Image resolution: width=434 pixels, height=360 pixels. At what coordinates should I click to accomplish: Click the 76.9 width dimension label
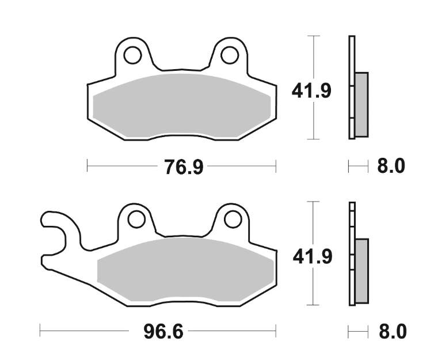tap(184, 166)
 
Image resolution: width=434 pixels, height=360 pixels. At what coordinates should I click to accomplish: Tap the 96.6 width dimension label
tap(163, 331)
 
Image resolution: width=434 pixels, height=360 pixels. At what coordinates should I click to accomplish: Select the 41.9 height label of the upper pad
tap(311, 91)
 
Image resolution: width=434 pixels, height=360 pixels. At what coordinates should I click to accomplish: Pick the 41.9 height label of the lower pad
tap(313, 257)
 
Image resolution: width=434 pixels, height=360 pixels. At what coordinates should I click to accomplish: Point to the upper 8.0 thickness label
tap(391, 166)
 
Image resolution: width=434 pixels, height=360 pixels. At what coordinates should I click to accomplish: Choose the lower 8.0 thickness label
tap(393, 331)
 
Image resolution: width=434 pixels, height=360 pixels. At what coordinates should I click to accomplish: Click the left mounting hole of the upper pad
tap(133, 55)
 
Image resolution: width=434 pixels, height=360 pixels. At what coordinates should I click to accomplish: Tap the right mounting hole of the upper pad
tap(230, 55)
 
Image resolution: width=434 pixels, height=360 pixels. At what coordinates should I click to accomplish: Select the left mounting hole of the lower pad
tap(137, 219)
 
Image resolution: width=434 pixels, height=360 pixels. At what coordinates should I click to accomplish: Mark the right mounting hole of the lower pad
tap(233, 219)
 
